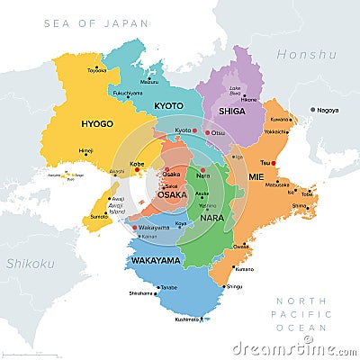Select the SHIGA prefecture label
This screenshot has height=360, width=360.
click(231, 112)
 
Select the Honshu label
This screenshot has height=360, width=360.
click(306, 55)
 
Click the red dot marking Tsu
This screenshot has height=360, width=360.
click(274, 163)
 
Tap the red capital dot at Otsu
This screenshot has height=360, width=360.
click(208, 133)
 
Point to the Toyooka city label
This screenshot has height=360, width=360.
click(96, 69)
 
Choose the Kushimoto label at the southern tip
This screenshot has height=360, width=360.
click(187, 319)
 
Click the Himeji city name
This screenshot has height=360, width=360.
click(85, 150)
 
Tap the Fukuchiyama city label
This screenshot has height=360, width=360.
click(127, 93)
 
